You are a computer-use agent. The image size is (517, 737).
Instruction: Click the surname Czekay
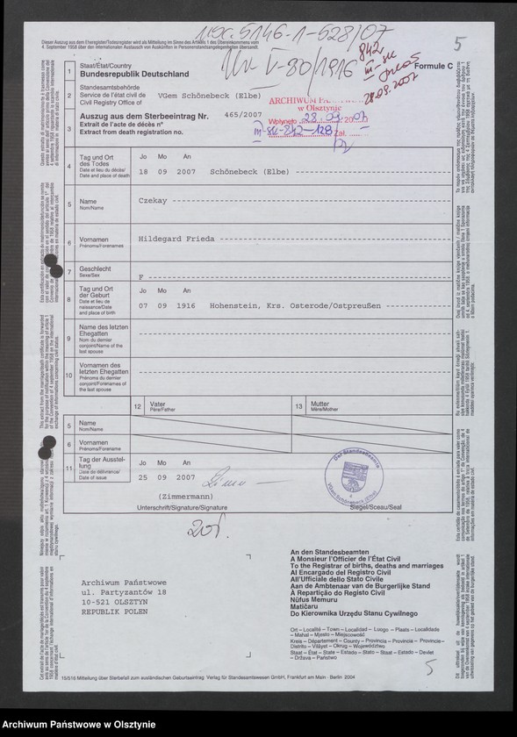[154, 201]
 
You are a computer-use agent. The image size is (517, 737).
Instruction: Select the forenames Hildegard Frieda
[173, 238]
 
